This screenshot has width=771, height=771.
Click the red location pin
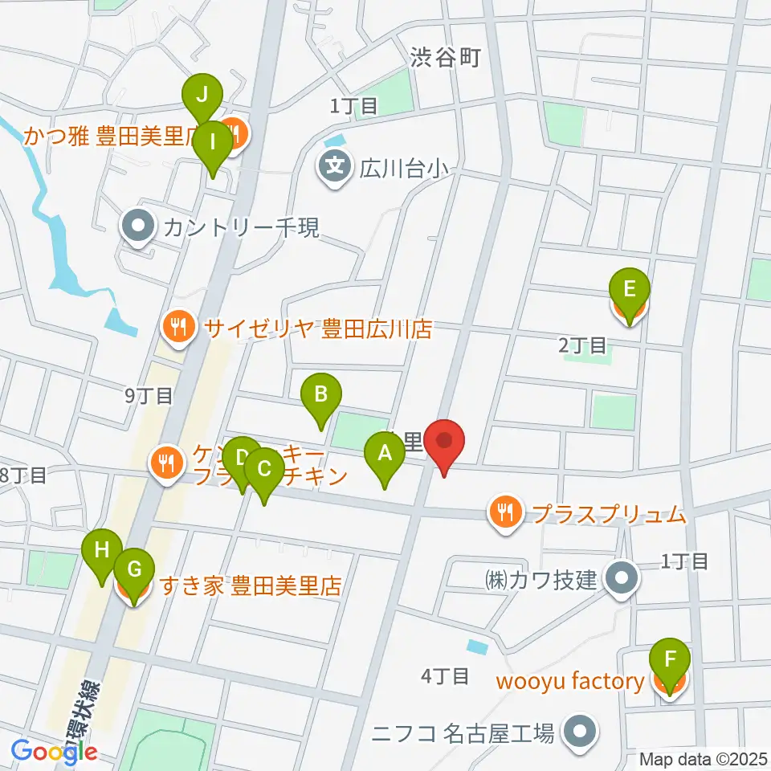coord(445,446)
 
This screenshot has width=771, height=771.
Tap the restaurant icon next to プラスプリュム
coord(505,512)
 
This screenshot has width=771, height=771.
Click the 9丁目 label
coord(149,395)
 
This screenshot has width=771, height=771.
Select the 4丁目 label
coord(445,676)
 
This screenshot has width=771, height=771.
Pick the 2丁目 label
coord(583,345)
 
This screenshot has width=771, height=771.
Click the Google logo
coord(54,752)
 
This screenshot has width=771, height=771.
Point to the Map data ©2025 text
coord(704,759)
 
